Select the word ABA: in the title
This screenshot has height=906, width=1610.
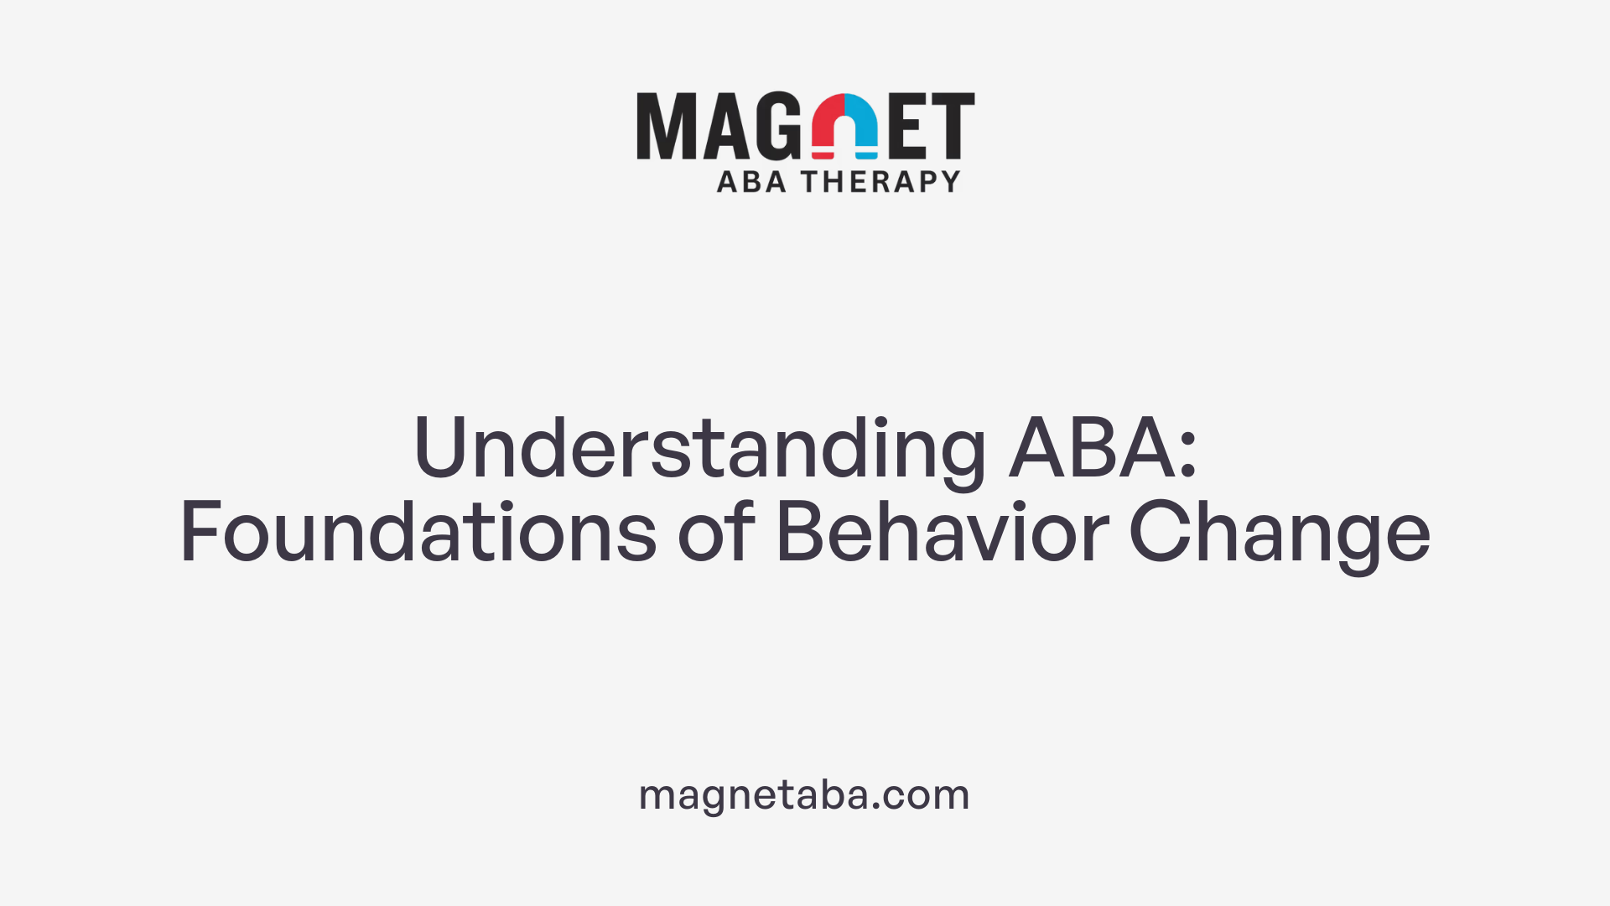pyautogui.click(x=1103, y=449)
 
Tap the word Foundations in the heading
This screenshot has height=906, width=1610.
pyautogui.click(x=418, y=532)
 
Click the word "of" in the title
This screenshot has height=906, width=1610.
pyautogui.click(x=716, y=532)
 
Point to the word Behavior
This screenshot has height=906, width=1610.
pyautogui.click(x=943, y=532)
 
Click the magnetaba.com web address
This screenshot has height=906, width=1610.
pyautogui.click(x=804, y=794)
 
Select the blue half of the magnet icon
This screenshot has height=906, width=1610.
pyautogui.click(x=861, y=126)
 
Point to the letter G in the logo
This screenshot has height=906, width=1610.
pyautogui.click(x=780, y=127)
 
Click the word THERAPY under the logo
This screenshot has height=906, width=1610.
pyautogui.click(x=880, y=181)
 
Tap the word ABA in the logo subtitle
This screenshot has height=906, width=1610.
pyautogui.click(x=751, y=181)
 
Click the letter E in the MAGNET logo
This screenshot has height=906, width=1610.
pyautogui.click(x=908, y=127)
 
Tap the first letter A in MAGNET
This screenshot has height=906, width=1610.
pyautogui.click(x=723, y=127)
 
